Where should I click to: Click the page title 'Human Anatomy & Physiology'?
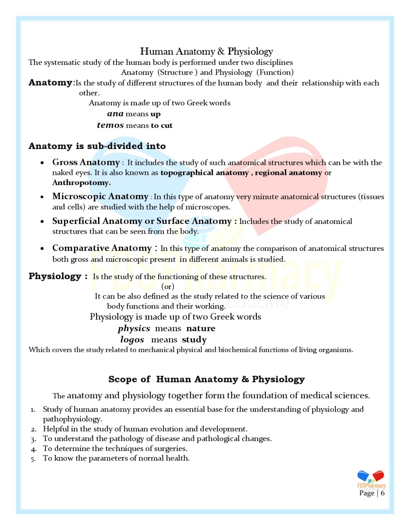pyautogui.click(x=206, y=51)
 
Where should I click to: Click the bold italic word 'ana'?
pyautogui.click(x=115, y=114)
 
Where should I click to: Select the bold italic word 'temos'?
pyautogui.click(x=110, y=125)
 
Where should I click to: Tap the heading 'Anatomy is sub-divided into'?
pyautogui.click(x=97, y=146)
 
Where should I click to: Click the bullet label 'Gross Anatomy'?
pyautogui.click(x=86, y=162)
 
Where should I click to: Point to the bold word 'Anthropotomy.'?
pyautogui.click(x=82, y=183)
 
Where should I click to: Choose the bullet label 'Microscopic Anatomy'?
pyautogui.click(x=100, y=196)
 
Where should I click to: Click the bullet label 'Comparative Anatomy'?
pyautogui.click(x=102, y=248)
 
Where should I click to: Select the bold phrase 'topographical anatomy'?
pyautogui.click(x=204, y=173)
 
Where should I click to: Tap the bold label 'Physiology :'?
pyautogui.click(x=58, y=276)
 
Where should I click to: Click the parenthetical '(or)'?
pyautogui.click(x=168, y=286)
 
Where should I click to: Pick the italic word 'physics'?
pyautogui.click(x=134, y=328)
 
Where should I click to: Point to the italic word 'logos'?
pyautogui.click(x=132, y=340)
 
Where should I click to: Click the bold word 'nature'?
pyautogui.click(x=201, y=328)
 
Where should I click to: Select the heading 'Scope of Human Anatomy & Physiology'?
pyautogui.click(x=206, y=379)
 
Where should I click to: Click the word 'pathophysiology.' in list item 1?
pyautogui.click(x=73, y=419)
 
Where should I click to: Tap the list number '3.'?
pyautogui.click(x=33, y=439)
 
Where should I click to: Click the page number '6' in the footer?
pyautogui.click(x=382, y=493)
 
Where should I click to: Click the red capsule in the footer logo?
pyautogui.click(x=378, y=475)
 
